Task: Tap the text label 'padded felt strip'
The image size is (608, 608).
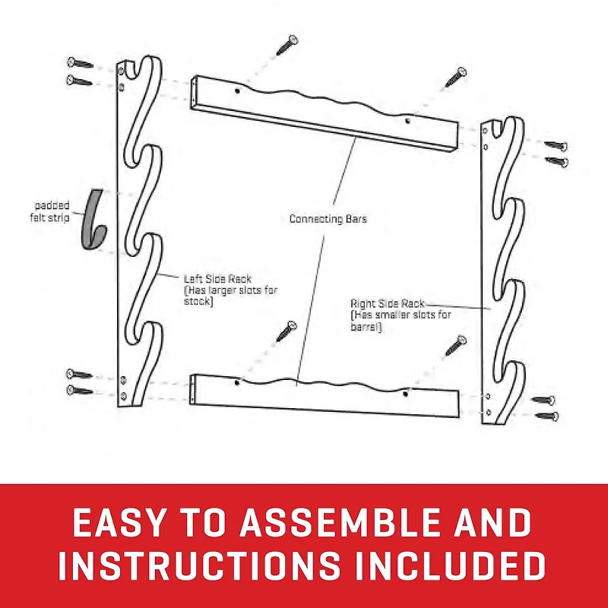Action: coord(51,211)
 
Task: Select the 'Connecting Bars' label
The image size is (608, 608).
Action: coord(328,219)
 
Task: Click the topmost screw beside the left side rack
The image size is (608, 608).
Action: coord(79,63)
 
